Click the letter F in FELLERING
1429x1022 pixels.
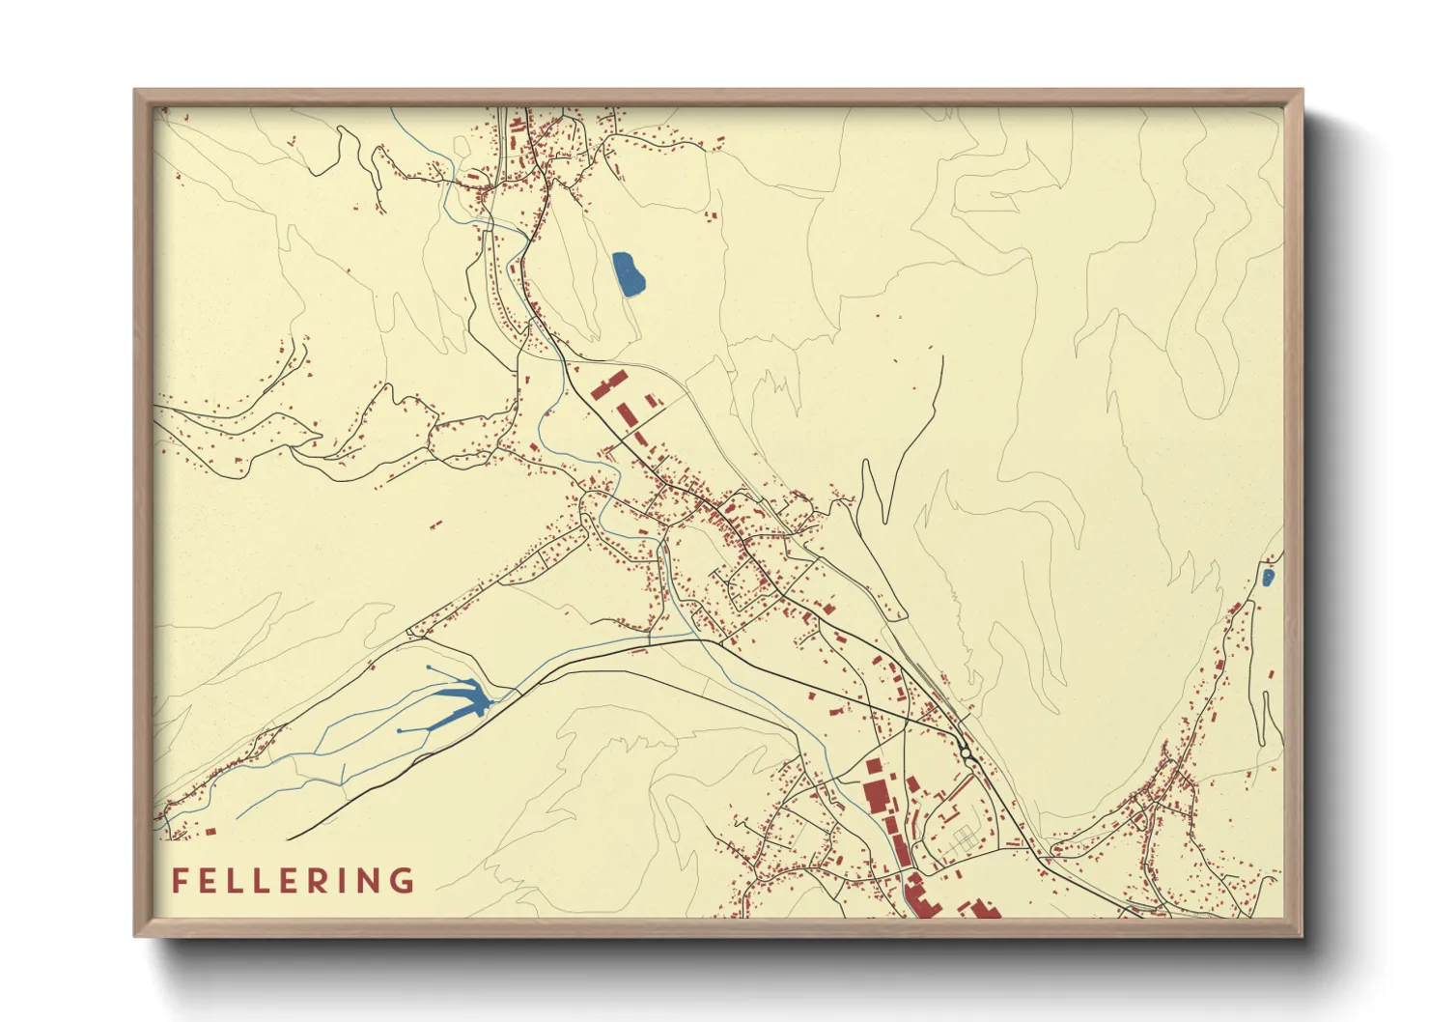[179, 881]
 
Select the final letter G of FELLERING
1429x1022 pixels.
[404, 881]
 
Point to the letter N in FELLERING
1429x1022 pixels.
[376, 881]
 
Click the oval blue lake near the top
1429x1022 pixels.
[629, 274]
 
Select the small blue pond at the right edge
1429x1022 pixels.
[1268, 578]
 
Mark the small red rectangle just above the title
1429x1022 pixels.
[210, 830]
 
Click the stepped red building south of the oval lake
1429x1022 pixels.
[608, 384]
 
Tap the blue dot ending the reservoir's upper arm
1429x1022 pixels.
[429, 667]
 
